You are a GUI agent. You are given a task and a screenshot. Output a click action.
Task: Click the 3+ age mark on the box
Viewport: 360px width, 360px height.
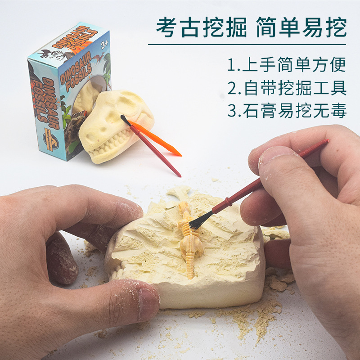coord(105,45)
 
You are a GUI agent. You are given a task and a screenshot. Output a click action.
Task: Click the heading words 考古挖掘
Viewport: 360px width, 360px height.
coord(201,27)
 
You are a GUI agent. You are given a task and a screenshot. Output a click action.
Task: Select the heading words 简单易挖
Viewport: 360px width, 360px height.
coord(301,27)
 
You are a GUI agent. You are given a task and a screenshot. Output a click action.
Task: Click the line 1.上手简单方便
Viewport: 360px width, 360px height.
coord(287,64)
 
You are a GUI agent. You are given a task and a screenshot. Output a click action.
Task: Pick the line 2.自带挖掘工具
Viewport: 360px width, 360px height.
coord(287,88)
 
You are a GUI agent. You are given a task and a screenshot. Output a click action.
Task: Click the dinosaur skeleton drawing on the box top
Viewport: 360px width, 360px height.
coord(52,55)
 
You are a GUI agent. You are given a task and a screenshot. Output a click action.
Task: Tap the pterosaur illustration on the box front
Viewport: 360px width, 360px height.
coord(98,57)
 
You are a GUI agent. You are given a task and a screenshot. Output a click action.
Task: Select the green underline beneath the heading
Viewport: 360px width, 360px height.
coord(247,44)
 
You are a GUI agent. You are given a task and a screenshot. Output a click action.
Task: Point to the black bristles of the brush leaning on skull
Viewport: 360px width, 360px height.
coord(126,120)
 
